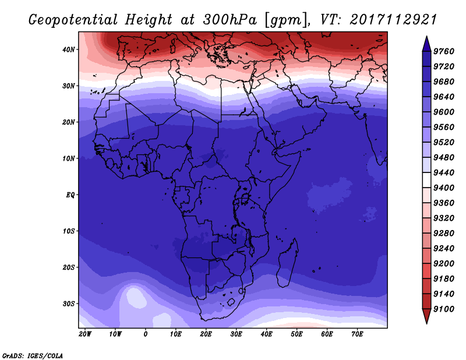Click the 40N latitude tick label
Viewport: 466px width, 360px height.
click(x=69, y=50)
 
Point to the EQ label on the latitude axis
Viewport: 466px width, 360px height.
click(x=70, y=195)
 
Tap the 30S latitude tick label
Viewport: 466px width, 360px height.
click(x=69, y=303)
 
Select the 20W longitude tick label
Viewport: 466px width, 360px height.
click(x=85, y=334)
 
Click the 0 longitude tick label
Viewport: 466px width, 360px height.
click(x=145, y=334)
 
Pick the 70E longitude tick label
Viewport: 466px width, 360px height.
click(x=357, y=334)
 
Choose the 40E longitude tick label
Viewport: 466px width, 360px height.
click(x=266, y=334)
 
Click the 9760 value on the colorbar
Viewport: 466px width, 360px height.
click(x=443, y=51)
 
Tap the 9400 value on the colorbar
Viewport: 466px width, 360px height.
click(x=443, y=188)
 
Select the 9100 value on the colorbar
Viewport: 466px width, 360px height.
click(x=443, y=309)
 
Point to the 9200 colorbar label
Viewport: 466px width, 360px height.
click(x=443, y=264)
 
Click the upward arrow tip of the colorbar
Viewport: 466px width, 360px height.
click(x=426, y=37)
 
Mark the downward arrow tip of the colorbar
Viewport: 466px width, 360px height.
click(x=426, y=323)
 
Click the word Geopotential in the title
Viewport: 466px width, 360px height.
click(x=73, y=20)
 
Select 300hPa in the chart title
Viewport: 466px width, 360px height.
click(x=230, y=20)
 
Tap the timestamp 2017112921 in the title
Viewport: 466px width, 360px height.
click(x=393, y=20)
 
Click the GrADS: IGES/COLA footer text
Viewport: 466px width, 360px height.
click(x=33, y=356)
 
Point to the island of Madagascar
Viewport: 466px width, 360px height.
click(x=288, y=264)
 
